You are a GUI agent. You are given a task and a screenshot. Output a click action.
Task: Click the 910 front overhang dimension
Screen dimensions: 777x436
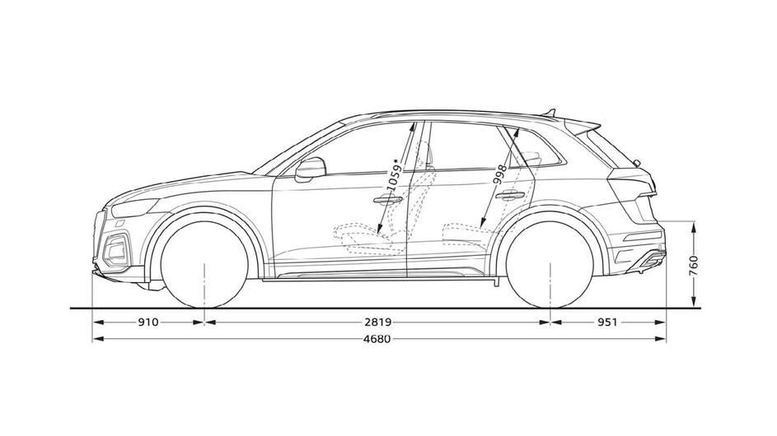(148, 322)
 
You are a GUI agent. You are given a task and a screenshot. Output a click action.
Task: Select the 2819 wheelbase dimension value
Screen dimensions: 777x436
(378, 322)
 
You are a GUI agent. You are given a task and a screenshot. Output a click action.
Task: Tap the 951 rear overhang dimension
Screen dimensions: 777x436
(607, 322)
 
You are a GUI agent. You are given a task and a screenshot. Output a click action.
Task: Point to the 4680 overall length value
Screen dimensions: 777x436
(377, 339)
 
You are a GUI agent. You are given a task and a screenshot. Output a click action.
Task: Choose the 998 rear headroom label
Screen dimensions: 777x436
(500, 174)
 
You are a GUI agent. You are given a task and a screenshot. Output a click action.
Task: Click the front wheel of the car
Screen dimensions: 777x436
(204, 265)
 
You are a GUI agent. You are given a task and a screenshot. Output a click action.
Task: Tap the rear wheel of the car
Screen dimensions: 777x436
(550, 265)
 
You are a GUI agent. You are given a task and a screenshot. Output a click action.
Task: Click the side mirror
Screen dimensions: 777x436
(310, 169)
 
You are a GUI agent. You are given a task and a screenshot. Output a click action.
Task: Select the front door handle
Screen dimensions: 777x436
(388, 199)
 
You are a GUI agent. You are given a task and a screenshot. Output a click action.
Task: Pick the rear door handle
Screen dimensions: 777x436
(510, 196)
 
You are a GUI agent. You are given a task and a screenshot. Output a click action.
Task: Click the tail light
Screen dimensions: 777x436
(633, 182)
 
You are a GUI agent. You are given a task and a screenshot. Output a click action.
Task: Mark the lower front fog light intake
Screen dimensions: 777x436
(116, 251)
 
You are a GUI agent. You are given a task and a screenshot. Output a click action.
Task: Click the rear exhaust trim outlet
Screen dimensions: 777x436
(649, 260)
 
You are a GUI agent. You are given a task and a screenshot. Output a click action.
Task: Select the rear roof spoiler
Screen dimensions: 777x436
(583, 126)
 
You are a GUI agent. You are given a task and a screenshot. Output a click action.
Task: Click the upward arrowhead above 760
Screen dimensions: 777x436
(694, 228)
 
